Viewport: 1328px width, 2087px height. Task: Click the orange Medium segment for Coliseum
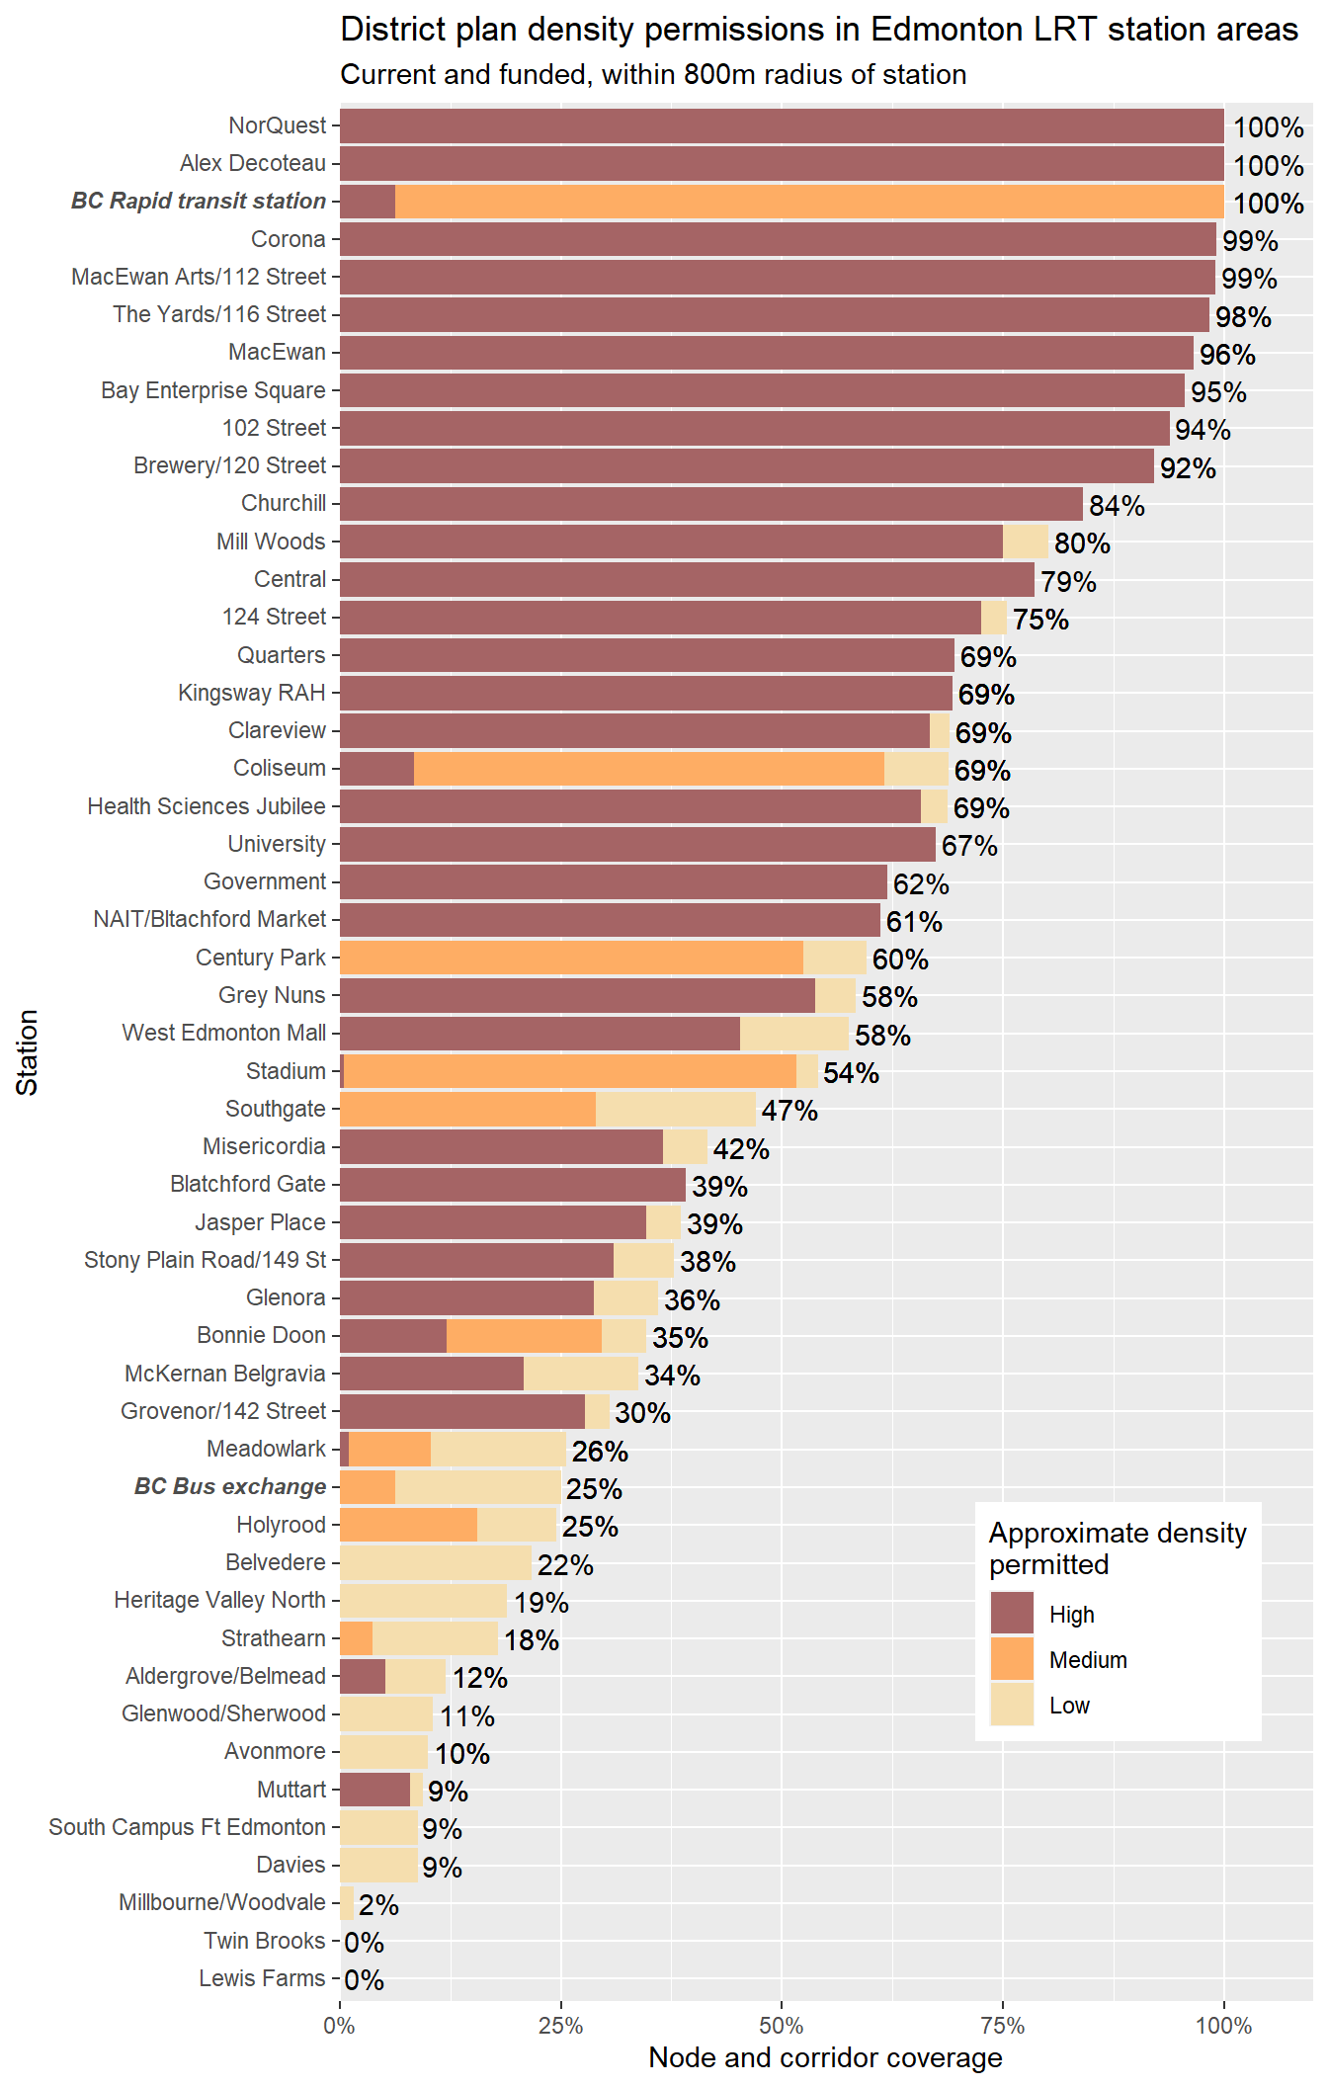coord(648,769)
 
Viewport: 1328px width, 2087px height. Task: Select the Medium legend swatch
coord(1012,1659)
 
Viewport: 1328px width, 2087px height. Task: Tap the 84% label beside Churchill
coord(1117,506)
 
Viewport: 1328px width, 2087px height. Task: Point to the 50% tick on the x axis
coord(782,2026)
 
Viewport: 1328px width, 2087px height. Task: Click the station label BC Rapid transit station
coord(199,201)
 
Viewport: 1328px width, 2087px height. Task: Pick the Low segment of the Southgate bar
coord(676,1110)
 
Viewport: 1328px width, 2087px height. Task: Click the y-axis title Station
coord(28,1051)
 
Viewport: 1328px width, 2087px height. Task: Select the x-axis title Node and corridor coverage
coord(825,2058)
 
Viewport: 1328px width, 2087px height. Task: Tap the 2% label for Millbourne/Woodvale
coord(378,1905)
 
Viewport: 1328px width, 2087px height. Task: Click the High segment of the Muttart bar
coord(374,1790)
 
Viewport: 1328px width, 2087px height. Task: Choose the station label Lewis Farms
coord(262,1978)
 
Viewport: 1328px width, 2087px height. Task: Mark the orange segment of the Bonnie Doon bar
coord(524,1336)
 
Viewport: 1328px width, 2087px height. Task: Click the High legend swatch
coord(1012,1614)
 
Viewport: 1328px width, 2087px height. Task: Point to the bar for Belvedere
coord(436,1563)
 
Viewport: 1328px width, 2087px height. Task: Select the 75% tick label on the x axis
coord(1003,2026)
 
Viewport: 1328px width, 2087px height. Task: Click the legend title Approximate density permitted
coord(1117,1548)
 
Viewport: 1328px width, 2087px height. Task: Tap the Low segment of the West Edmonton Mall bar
coord(794,1034)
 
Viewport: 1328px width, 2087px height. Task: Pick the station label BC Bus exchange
coord(230,1486)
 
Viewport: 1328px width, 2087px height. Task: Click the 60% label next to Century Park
coord(900,960)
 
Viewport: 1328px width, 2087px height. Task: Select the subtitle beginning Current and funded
coord(653,75)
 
